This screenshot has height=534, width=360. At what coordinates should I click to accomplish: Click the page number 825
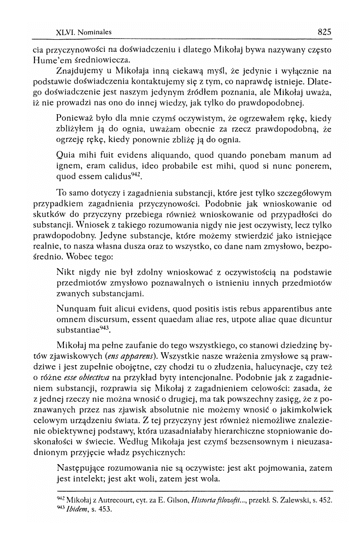[324, 32]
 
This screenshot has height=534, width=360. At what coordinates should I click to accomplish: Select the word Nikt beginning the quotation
[66, 271]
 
